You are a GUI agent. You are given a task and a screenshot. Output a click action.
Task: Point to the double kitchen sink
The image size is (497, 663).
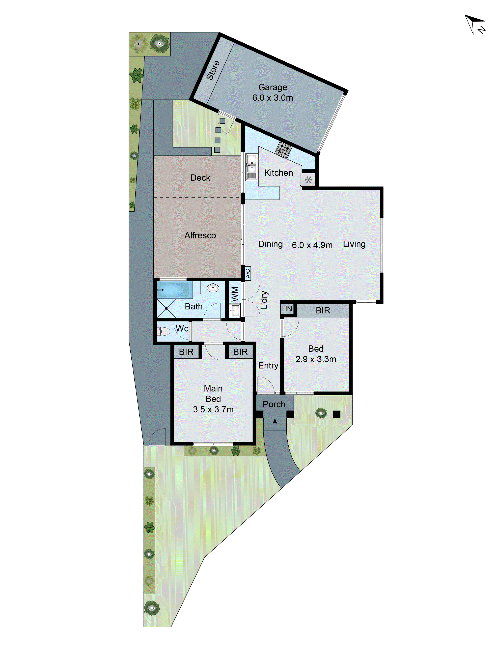(x=251, y=167)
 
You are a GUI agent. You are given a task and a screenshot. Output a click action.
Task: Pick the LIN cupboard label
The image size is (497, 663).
(x=286, y=309)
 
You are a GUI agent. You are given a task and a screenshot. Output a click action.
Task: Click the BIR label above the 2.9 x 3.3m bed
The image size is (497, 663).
(x=323, y=310)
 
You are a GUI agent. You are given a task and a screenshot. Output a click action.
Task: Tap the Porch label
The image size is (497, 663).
(x=274, y=404)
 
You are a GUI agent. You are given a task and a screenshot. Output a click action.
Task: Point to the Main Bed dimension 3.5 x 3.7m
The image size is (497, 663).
(x=213, y=409)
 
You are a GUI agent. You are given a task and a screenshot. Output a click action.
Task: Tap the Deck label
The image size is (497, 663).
(x=200, y=178)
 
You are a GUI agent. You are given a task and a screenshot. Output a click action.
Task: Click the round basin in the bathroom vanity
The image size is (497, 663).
(x=213, y=288)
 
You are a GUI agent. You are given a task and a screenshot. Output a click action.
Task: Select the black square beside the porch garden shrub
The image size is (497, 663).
(x=336, y=414)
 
